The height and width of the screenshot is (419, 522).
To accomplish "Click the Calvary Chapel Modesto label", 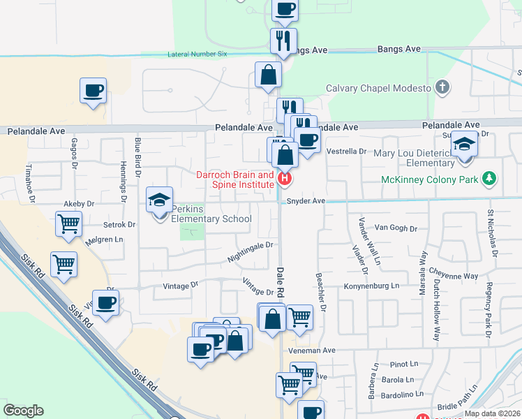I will pos(377,89).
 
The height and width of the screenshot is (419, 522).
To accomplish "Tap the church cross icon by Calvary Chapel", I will pos(440,88).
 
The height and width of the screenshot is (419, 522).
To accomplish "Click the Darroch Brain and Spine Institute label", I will pos(235,180).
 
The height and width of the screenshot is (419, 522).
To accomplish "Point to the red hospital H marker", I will pos(284,179).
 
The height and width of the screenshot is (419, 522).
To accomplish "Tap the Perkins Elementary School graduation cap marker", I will pos(158,200).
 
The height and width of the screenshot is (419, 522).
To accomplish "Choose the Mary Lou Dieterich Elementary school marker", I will pos(464,145).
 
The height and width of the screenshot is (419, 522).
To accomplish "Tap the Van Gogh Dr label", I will pos(396,228).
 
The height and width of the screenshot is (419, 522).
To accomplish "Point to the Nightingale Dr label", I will pos(249,252).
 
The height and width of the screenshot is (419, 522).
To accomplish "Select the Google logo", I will pos(23,411).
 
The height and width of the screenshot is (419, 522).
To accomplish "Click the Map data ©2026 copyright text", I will pos(493,413).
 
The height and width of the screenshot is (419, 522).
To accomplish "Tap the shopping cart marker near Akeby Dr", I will pos(68,224).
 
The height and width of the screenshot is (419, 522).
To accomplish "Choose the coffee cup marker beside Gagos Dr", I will pos(93,90).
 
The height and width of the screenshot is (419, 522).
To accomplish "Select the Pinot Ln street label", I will pos(404,364).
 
